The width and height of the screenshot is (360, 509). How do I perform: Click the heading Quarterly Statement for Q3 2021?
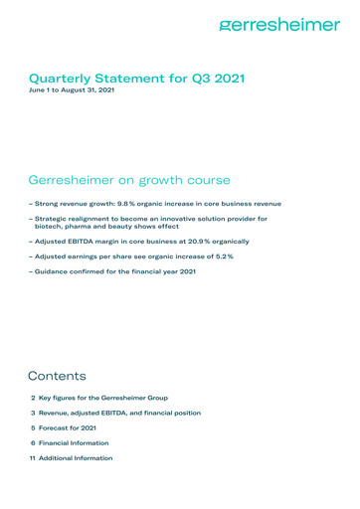pyautogui.click(x=137, y=77)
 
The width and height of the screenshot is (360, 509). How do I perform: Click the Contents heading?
pyautogui.click(x=58, y=377)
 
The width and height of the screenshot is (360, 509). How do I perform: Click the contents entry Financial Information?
pyautogui.click(x=80, y=442)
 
